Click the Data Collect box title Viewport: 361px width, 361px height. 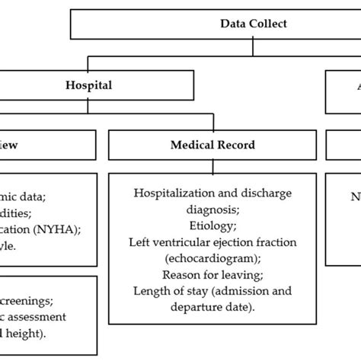pyautogui.click(x=254, y=24)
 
